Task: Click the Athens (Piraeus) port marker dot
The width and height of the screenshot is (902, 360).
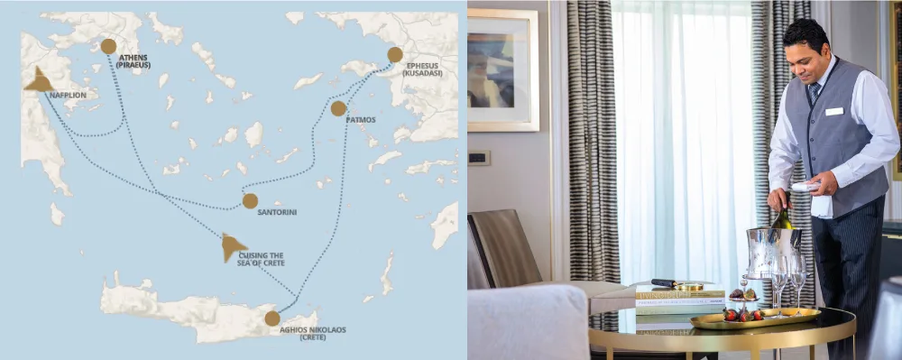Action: [x=108, y=46]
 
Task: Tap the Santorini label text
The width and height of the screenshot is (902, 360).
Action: [x=277, y=212]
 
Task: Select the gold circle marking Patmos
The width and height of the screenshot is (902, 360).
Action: [x=338, y=108]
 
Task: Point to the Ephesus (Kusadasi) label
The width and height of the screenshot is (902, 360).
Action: [x=422, y=69]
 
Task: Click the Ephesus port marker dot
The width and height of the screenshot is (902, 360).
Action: [x=395, y=54]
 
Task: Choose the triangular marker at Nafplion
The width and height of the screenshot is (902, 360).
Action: [x=38, y=80]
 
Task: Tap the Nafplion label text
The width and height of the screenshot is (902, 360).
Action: [x=68, y=94]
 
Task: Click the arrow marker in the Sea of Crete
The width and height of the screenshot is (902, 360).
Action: [x=233, y=245]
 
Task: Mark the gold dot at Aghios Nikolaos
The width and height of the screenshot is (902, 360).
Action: [x=272, y=318]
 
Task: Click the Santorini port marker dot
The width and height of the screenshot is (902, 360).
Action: [x=250, y=200]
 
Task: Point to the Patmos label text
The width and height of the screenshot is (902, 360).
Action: [x=361, y=119]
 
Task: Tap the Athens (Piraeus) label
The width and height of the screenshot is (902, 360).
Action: [x=132, y=61]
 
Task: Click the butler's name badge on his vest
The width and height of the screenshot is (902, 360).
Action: [x=834, y=111]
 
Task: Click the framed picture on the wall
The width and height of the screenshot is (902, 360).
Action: [x=502, y=69]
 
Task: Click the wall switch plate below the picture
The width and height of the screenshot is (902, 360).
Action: [x=479, y=158]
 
